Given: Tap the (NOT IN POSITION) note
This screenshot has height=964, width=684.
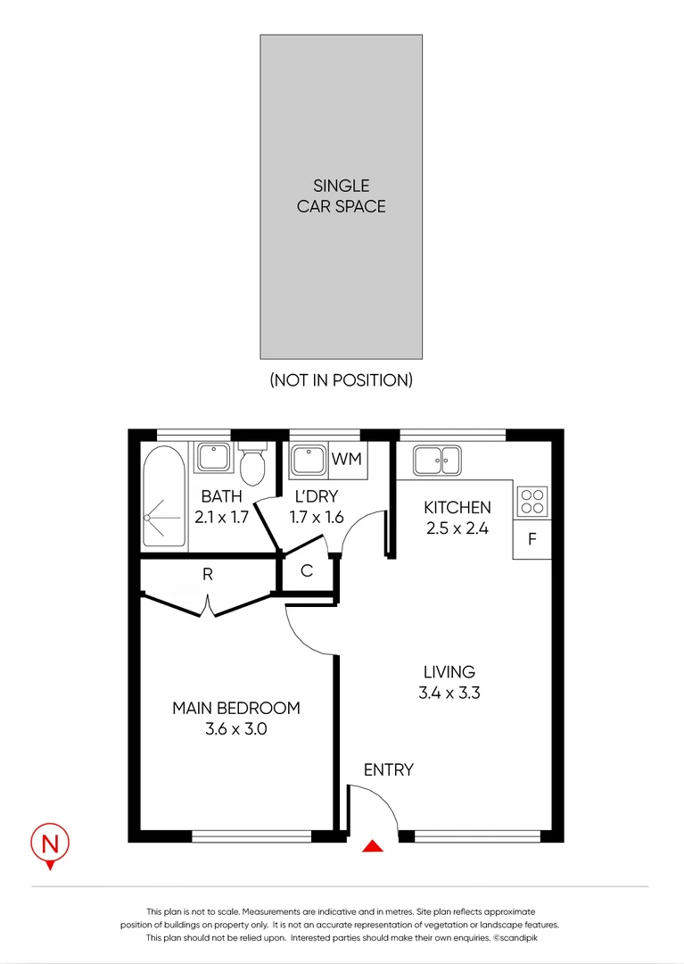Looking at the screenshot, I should pos(341,379).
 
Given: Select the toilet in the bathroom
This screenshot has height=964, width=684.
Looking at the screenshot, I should pos(252,462).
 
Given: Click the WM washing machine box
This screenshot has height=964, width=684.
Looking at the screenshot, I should pos(346,460).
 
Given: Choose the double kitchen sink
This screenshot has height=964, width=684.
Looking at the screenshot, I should pos(436,461).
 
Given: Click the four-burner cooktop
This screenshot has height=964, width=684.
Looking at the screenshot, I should pos(532,500).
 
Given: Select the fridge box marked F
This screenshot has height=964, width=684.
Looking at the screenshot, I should pos(532,539).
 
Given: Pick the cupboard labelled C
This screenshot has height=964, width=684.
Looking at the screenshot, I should pos(307,571).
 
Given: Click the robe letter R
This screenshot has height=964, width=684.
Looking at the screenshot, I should pos(208,575).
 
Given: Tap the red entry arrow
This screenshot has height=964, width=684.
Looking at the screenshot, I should pos(373,846).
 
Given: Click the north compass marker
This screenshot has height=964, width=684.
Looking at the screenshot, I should pos(51,843).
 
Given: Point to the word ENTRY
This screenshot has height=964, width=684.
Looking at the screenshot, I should pos(388,769).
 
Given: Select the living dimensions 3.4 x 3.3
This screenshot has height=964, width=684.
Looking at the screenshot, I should pos(449,693).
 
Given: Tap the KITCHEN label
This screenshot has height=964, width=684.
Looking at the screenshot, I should pos(457,508).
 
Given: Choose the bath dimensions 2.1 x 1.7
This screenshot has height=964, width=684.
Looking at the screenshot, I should pos(221,515).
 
